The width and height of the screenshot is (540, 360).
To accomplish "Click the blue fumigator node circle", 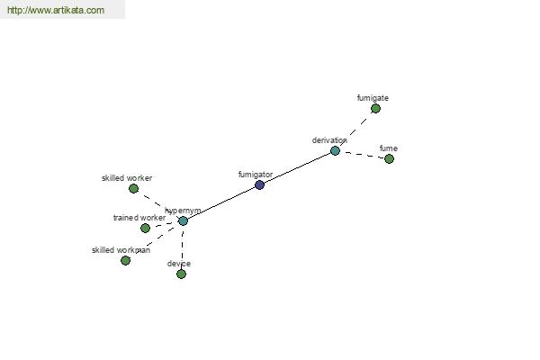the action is pos(260,185).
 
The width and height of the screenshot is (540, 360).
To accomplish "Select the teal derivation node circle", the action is pos(335,151).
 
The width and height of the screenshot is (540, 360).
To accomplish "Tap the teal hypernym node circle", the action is pos(184,220).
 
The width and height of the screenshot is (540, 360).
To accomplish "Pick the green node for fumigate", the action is pos(375,109).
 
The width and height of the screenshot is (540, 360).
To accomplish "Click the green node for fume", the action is pos(389,158).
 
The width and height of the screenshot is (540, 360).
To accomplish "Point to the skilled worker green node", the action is pos(133,188).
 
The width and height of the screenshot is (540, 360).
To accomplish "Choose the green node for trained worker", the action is pos(145,228).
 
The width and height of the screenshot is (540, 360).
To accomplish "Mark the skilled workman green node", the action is pos(126,260).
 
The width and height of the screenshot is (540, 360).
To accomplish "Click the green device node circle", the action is pos(181,274).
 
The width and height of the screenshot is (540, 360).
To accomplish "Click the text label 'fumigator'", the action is pos(256,175).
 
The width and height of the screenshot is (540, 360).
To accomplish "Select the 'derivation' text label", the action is pos(329,140).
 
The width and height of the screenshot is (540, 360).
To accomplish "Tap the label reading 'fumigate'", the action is pos(373,98).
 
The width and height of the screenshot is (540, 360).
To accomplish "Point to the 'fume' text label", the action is pos(389,148).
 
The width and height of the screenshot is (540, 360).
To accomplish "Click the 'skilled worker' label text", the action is pos(127,178).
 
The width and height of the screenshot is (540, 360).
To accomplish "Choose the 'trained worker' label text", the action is pos(139,218).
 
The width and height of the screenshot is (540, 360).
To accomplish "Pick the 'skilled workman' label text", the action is pos(121,250).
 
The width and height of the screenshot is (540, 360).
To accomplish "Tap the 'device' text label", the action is pos(179,264).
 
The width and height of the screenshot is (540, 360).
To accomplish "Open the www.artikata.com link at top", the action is pos(56,10).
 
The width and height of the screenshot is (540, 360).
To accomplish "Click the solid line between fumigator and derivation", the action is pos(297,167).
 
